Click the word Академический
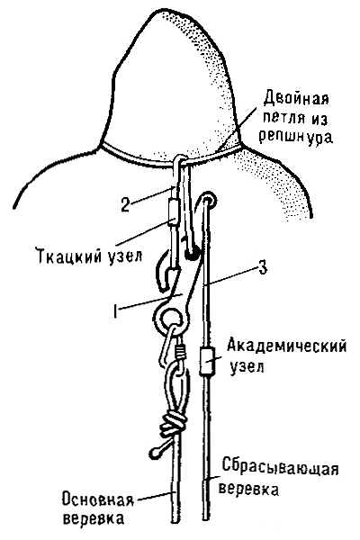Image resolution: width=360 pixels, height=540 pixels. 286,346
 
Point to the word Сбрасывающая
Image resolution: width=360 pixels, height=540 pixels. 280,467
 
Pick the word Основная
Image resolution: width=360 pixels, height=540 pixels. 98,499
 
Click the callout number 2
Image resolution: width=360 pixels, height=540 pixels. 125,204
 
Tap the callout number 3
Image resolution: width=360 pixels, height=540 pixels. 263,268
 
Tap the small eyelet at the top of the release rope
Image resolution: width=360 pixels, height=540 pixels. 209,200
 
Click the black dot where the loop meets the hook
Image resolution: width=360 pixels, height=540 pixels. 191,255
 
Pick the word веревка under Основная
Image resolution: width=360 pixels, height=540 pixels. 94,519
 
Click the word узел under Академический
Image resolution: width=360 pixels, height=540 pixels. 247,366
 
